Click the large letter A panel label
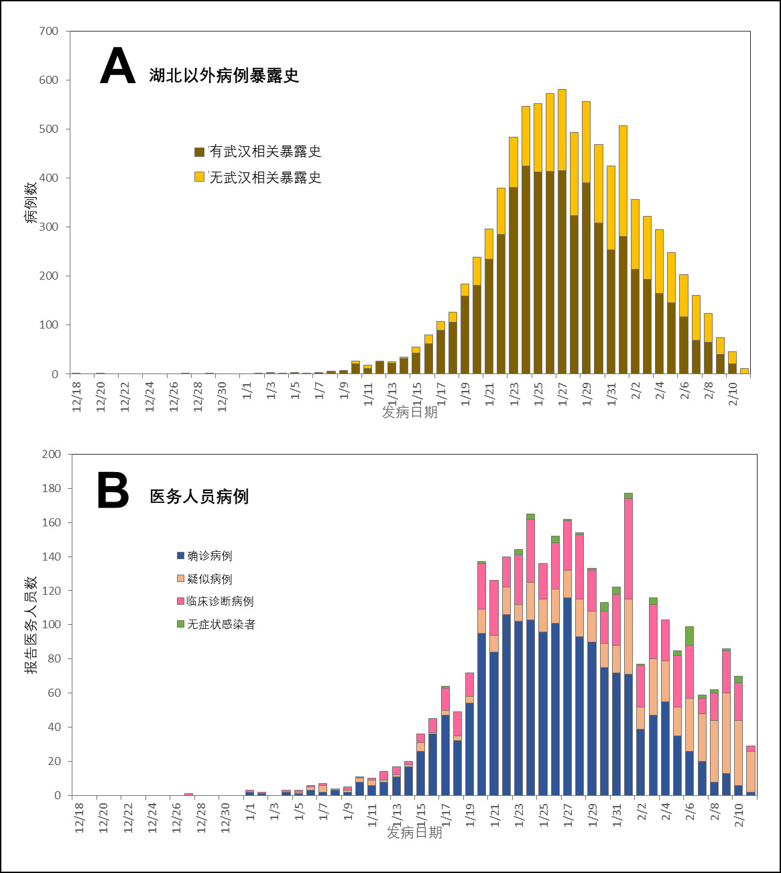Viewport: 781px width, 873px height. (117, 66)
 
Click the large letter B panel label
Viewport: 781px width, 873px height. (113, 491)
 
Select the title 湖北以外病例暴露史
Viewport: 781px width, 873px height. (224, 75)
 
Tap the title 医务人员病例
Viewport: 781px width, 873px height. (199, 496)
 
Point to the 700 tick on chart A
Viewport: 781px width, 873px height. (50, 31)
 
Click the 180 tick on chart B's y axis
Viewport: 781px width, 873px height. (51, 488)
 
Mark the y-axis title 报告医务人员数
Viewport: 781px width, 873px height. (32, 624)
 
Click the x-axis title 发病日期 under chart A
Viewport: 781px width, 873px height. (410, 412)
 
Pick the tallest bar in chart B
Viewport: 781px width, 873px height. (628, 644)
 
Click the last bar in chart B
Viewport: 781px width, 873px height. (751, 770)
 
